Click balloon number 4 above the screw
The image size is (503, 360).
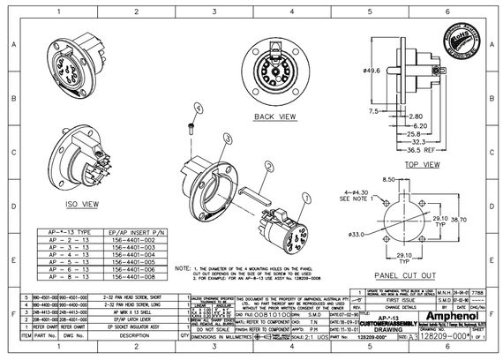click(x=199, y=107)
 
